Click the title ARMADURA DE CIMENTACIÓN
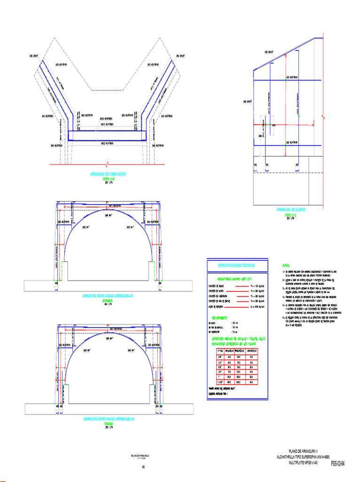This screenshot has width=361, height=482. point(108,174)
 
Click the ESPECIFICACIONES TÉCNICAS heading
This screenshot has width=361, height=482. point(237,266)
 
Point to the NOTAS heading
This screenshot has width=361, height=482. point(286,266)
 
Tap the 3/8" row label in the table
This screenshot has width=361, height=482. point(214,356)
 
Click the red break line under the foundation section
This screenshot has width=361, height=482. point(108,164)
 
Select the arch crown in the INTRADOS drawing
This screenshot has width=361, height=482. point(109,210)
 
